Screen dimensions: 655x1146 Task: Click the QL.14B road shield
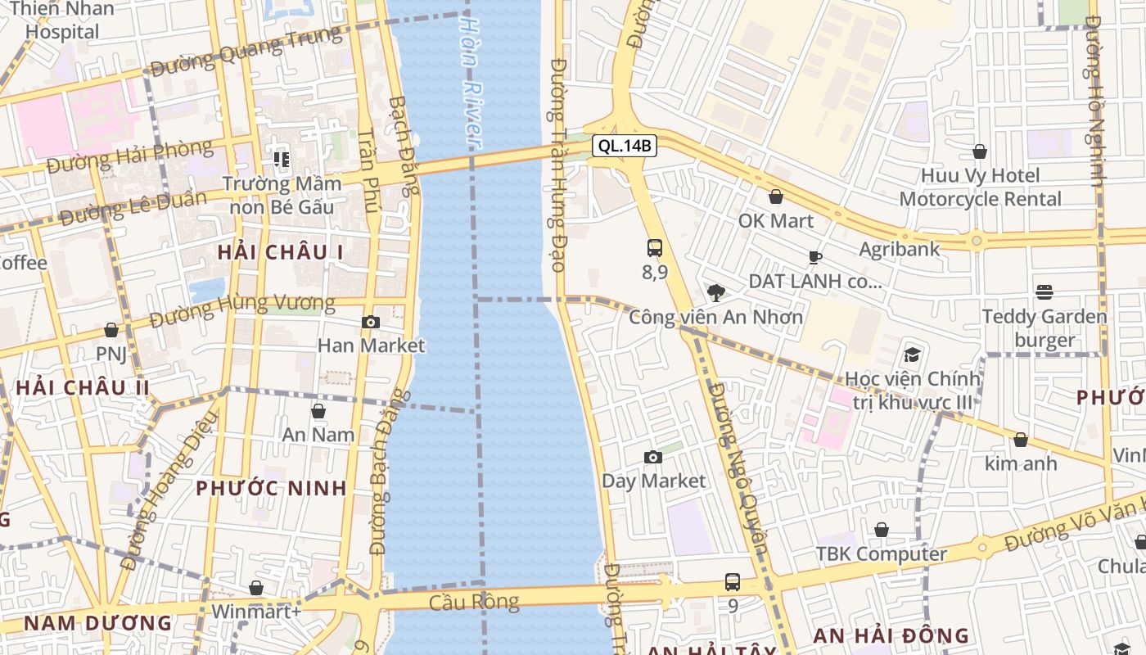[625, 146]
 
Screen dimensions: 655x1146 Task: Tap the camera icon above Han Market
[371, 322]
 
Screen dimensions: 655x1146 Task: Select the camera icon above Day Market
[653, 457]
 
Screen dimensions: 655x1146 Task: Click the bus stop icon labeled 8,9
[655, 247]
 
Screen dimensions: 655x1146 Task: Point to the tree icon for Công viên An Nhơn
[715, 292]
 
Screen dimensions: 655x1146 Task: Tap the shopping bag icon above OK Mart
[776, 196]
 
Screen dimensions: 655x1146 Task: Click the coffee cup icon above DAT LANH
[815, 257]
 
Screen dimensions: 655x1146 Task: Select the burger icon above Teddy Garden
[1044, 291]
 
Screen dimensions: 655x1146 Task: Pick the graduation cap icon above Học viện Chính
[912, 355]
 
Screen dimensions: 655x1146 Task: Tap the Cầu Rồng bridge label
[474, 603]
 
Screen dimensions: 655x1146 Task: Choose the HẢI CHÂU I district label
[281, 253]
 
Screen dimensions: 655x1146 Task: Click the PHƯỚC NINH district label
[271, 488]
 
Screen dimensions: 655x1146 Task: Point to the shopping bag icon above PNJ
[111, 330]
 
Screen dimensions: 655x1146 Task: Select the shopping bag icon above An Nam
[318, 411]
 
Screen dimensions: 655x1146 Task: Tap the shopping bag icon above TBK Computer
[882, 531]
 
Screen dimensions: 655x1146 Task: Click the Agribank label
[900, 250]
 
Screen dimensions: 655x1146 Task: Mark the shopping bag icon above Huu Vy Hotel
[980, 151]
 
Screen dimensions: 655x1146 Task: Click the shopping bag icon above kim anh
[1021, 440]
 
